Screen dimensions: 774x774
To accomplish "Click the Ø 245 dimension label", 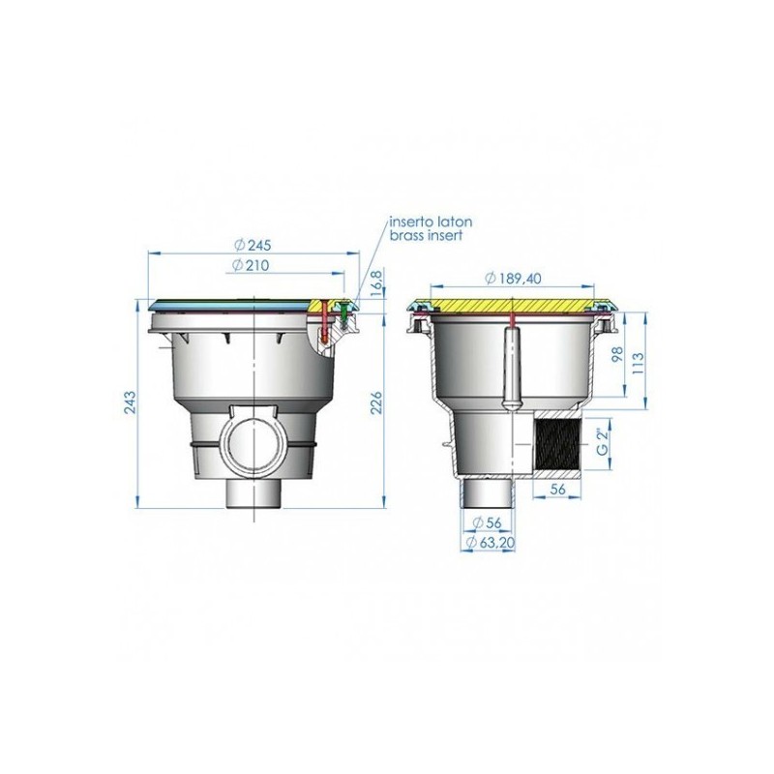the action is click(253, 245).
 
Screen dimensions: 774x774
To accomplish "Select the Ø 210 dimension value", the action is click(251, 265).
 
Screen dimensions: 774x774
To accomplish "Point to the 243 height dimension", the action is click(130, 402).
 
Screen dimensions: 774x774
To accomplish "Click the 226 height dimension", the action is click(376, 403).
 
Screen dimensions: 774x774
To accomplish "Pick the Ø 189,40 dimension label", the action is click(514, 279).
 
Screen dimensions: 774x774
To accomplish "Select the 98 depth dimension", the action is click(617, 354).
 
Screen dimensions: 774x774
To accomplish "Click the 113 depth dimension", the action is click(639, 363).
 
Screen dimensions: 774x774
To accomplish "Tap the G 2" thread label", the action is click(601, 442).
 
